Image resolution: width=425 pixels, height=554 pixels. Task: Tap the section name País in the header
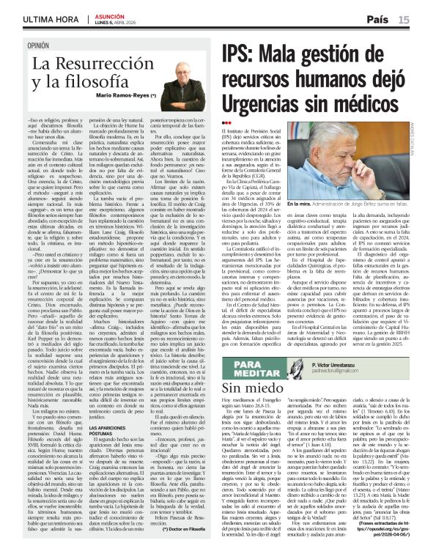(x=378, y=20)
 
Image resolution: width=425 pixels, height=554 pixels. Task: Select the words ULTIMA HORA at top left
(x=32, y=20)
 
